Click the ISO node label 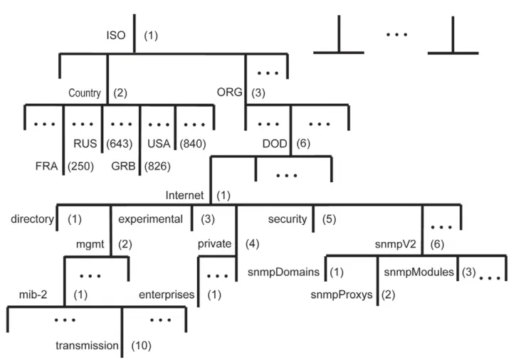pyautogui.click(x=116, y=35)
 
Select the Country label pyautogui.click(x=85, y=92)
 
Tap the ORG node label pyautogui.click(x=229, y=92)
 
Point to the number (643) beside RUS pyautogui.click(x=120, y=144)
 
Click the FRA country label pyautogui.click(x=46, y=166)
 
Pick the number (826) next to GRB pyautogui.click(x=157, y=166)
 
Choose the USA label pyautogui.click(x=159, y=144)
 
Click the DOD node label pyautogui.click(x=275, y=144)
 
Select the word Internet pyautogui.click(x=184, y=195)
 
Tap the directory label pyautogui.click(x=32, y=219)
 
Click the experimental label pyautogui.click(x=150, y=219)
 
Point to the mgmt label pyautogui.click(x=90, y=244)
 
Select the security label pyautogui.click(x=288, y=219)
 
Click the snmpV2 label pyautogui.click(x=396, y=244)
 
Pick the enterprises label pyautogui.click(x=167, y=295)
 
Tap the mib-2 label pyautogui.click(x=33, y=295)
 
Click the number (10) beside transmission pyautogui.click(x=141, y=346)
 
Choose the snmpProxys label pyautogui.click(x=342, y=295)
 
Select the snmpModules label pyautogui.click(x=419, y=272)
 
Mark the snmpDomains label pyautogui.click(x=283, y=272)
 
